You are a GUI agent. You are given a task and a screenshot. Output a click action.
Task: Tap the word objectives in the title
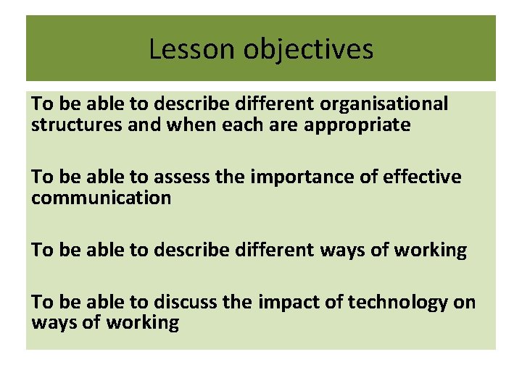[309, 49]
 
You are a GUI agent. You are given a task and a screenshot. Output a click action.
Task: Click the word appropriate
[357, 125]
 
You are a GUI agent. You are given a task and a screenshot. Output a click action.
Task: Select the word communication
[101, 198]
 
